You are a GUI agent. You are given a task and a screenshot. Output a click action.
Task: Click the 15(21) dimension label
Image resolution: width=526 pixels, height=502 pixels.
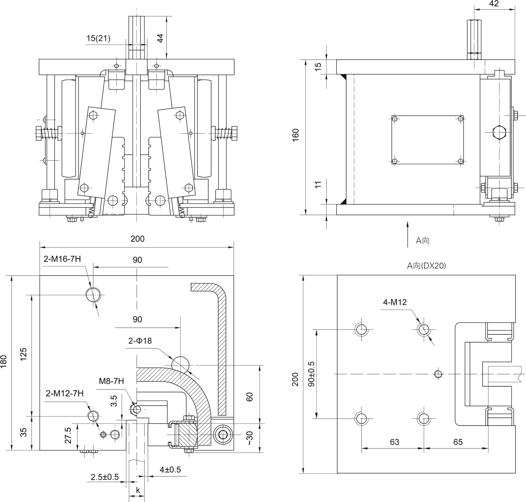coord(98,38)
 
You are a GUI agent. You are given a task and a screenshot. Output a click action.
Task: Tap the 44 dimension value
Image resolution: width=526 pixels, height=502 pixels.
coord(160,38)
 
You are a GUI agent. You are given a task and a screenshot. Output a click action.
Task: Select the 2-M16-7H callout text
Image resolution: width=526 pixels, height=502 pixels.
coord(62,259)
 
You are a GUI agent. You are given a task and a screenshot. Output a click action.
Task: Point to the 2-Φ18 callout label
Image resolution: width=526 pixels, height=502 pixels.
coord(140,341)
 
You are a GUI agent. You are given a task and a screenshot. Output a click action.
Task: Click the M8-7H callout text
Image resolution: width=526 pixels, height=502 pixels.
coord(111,381)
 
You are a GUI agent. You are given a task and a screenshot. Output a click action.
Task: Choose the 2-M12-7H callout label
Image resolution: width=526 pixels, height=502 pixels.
coord(65,393)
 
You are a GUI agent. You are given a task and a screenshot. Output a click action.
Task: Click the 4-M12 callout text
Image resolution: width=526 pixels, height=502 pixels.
coord(395,302)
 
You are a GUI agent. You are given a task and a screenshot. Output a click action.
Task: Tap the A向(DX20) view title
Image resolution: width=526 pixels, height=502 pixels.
coord(426,266)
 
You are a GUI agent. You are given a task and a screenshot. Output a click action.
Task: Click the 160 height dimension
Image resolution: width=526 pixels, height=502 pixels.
coord(296,135)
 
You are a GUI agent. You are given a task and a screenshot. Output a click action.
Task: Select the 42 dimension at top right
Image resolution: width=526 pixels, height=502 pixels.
coord(494,4)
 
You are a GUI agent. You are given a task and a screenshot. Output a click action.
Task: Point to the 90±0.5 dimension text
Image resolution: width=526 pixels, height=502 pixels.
coord(311,374)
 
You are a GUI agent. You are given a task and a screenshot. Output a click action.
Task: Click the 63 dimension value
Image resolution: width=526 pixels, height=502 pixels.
coord(394,442)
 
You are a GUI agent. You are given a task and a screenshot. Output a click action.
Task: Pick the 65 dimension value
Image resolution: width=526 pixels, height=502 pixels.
coord(458,442)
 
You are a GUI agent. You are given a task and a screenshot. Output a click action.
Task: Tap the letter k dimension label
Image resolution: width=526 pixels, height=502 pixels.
coord(138,490)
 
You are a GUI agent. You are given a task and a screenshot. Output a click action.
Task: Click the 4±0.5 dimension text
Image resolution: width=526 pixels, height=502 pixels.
coord(170,469)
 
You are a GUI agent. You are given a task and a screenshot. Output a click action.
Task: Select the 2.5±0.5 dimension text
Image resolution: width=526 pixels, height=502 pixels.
coord(105,477)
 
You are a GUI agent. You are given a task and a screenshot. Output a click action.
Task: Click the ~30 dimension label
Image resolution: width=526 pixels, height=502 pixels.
coord(250,438)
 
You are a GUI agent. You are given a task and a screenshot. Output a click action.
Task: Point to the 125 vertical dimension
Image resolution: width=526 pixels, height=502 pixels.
coord(23,355)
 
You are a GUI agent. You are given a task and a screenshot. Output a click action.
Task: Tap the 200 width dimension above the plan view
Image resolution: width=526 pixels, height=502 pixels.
coord(137,239)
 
